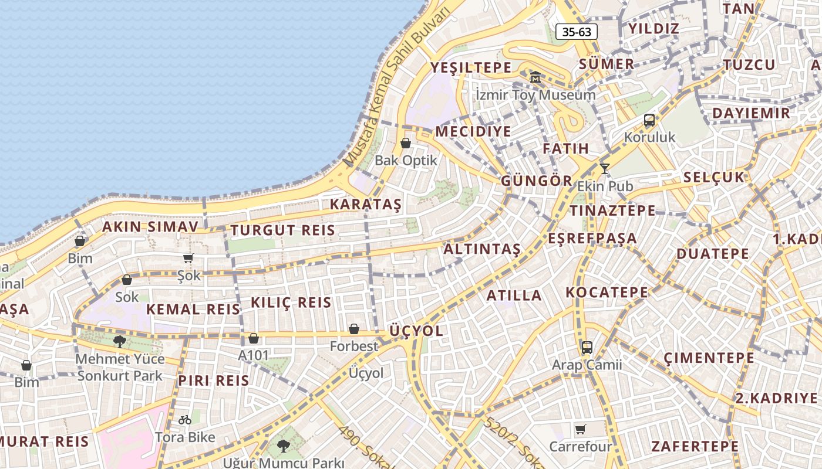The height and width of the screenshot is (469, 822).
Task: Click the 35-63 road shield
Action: click(577, 32)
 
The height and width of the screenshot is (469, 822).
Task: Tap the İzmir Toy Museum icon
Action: click(535, 77)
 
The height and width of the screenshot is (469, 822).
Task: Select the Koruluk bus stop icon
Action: click(649, 120)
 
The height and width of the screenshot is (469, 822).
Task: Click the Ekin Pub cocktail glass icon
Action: click(604, 169)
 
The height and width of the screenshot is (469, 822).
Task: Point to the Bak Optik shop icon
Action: click(406, 142)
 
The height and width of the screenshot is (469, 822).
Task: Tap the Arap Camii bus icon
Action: click(587, 347)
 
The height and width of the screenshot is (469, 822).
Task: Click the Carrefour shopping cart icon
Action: click(580, 429)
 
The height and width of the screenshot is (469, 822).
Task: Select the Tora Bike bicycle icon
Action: click(185, 420)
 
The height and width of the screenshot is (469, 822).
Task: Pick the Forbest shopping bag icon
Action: click(353, 329)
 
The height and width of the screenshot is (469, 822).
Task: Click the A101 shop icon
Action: click(254, 338)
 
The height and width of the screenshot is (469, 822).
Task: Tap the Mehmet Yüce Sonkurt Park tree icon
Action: click(120, 341)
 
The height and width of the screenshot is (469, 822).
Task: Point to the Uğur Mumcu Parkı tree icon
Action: click(283, 446)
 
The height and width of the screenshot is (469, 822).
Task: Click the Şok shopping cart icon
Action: click(188, 258)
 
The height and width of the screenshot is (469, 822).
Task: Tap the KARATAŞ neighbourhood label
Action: click(365, 205)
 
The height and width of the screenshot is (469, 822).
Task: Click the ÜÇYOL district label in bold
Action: click(416, 331)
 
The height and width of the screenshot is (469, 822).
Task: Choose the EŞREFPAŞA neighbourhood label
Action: click(592, 238)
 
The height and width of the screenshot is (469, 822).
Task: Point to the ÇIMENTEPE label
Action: click(709, 358)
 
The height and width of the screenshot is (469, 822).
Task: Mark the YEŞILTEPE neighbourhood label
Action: click(471, 67)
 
